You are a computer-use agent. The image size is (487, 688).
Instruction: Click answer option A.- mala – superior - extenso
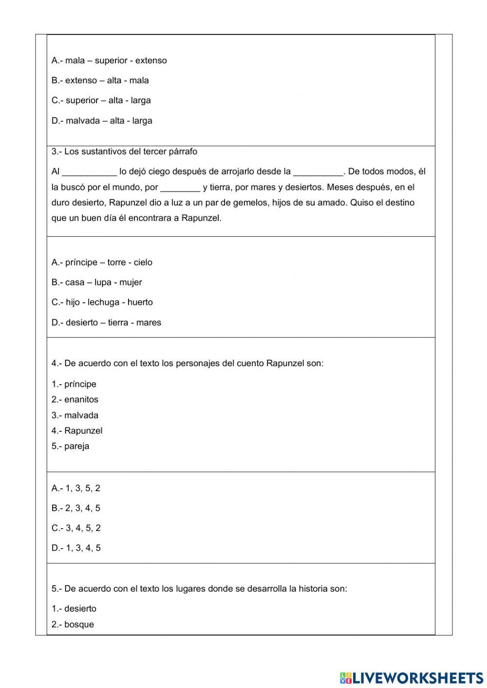click(x=109, y=60)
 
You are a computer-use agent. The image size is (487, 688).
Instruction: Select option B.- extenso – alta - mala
click(x=100, y=80)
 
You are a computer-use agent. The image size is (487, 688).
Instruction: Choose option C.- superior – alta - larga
click(x=101, y=100)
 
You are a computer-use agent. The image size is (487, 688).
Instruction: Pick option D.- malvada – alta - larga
click(x=102, y=120)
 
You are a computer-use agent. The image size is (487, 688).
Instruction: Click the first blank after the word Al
click(x=90, y=172)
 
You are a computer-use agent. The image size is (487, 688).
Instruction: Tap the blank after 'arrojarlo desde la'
click(x=318, y=172)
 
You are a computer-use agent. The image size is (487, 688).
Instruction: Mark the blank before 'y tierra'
click(x=180, y=187)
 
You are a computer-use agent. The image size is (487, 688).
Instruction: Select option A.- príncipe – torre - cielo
click(x=102, y=262)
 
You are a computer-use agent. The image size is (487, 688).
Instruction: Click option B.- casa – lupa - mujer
click(x=97, y=282)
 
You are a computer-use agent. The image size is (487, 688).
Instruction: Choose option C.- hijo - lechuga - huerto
click(x=102, y=302)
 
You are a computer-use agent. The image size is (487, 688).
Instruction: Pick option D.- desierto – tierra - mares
click(x=106, y=322)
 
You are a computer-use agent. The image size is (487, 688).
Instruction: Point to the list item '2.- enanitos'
click(x=75, y=400)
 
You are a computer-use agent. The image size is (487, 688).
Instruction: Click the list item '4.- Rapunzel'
click(x=77, y=431)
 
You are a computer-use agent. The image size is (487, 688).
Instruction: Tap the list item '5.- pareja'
click(x=71, y=446)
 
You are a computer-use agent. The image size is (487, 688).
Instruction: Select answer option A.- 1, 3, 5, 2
click(x=76, y=488)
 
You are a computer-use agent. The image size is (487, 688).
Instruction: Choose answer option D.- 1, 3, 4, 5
click(x=76, y=548)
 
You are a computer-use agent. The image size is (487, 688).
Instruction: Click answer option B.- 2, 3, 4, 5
click(x=76, y=508)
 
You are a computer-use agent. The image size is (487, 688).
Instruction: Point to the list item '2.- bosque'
click(x=73, y=625)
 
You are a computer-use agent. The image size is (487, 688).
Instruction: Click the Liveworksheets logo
click(x=411, y=678)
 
